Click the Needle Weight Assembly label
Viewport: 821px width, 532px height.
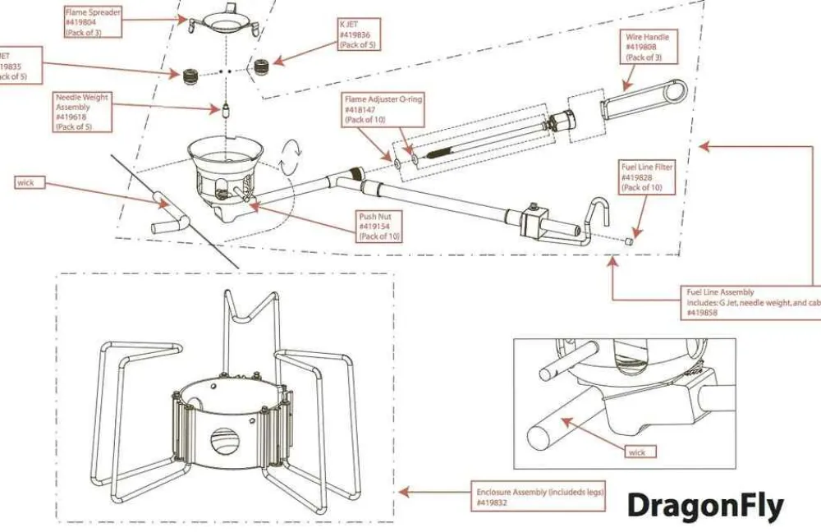pyautogui.click(x=82, y=112)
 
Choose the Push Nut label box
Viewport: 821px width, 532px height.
pyautogui.click(x=378, y=227)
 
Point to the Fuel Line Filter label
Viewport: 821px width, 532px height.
pyautogui.click(x=646, y=177)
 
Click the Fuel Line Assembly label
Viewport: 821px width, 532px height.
pyautogui.click(x=751, y=302)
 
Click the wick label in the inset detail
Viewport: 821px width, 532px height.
pyautogui.click(x=636, y=452)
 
